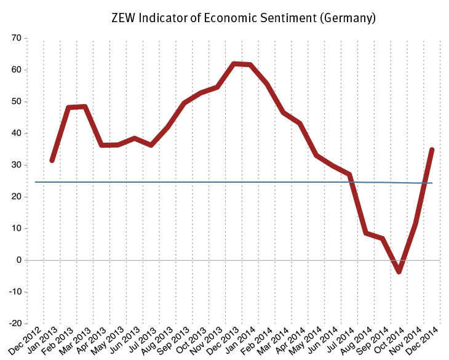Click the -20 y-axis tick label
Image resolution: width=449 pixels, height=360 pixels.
click(14, 324)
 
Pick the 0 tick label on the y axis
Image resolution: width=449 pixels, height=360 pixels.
click(19, 260)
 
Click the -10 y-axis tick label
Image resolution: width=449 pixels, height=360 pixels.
click(14, 292)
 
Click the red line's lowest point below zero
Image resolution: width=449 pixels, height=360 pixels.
click(399, 271)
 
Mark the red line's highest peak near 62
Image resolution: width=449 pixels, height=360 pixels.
click(234, 64)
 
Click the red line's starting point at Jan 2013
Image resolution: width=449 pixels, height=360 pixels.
click(52, 160)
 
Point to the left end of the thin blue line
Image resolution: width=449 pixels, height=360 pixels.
click(36, 182)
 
